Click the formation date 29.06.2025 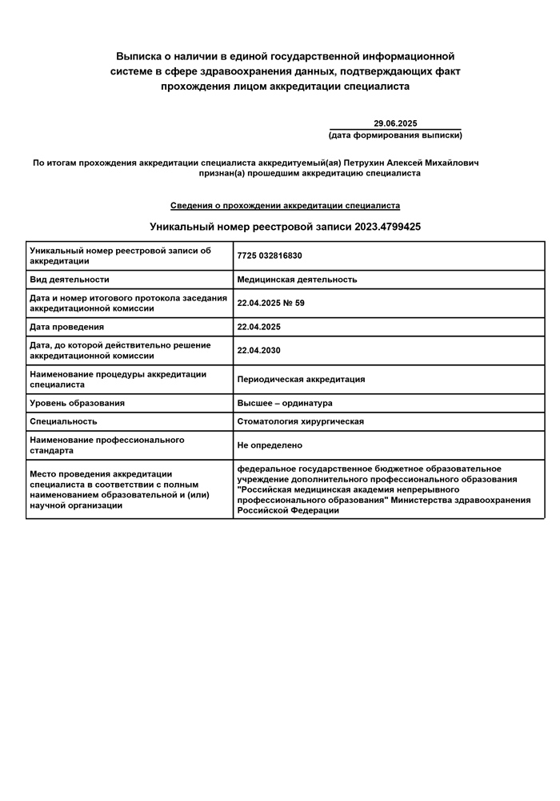[395, 123]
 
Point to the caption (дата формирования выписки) [395, 135]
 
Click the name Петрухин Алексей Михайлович [411, 163]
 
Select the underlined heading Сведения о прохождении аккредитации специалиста [285, 206]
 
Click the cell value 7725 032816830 [270, 256]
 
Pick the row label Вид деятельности [69, 280]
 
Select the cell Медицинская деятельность [297, 280]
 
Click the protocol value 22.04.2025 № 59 [271, 304]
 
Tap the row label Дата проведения [66, 327]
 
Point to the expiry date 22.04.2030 [258, 350]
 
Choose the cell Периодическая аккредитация [301, 379]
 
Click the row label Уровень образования [77, 403]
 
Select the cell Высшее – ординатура [285, 403]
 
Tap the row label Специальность [63, 421]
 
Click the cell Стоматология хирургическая [300, 421]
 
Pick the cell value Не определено [270, 445]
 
